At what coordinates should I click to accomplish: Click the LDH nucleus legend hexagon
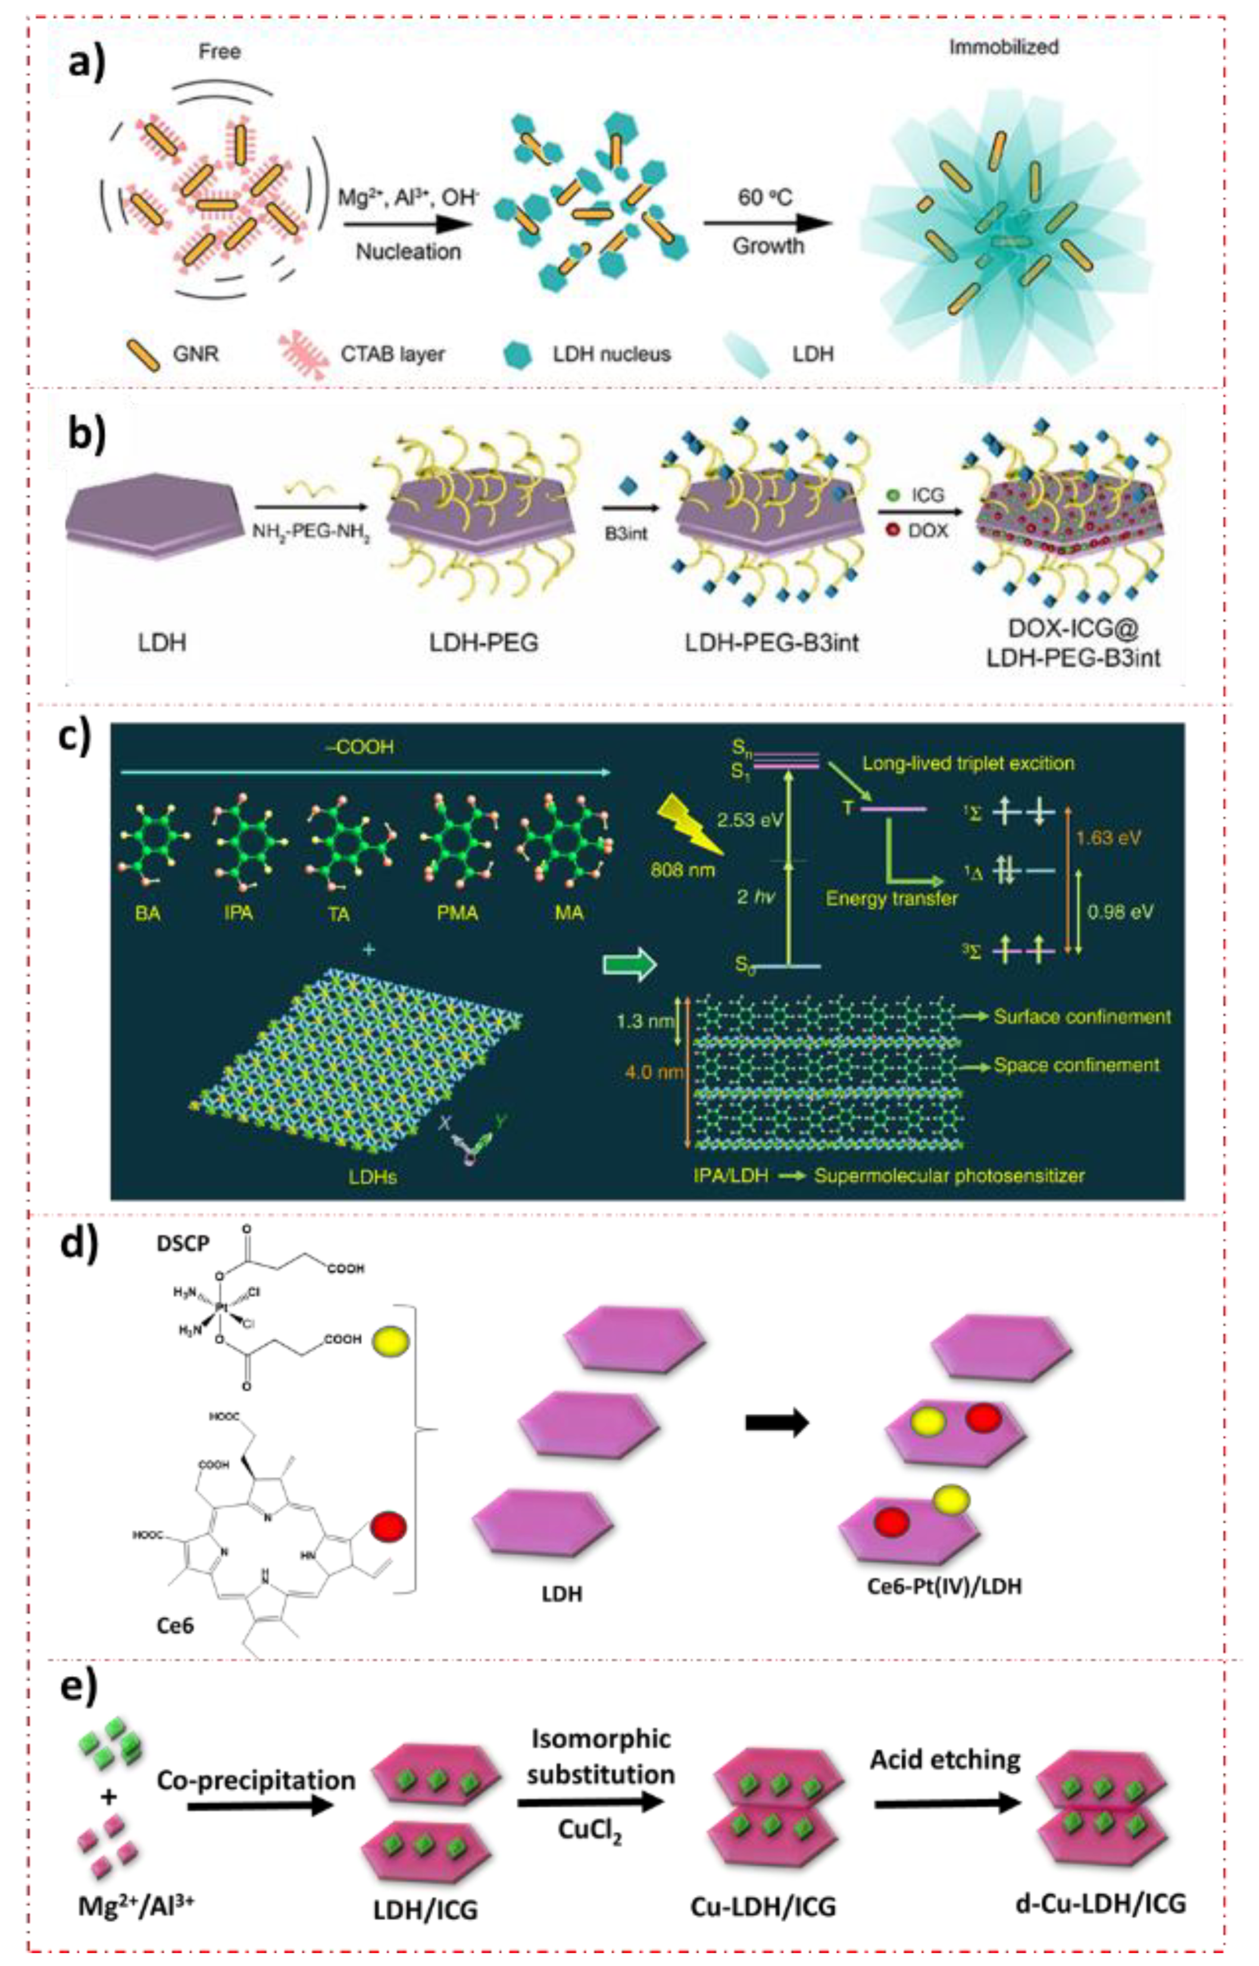[x=515, y=354]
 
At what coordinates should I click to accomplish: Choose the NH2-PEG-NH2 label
[x=310, y=532]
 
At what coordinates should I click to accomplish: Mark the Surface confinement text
[x=1082, y=1016]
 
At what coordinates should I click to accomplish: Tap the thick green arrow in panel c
[x=630, y=965]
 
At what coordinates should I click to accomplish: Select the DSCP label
[x=183, y=1243]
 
